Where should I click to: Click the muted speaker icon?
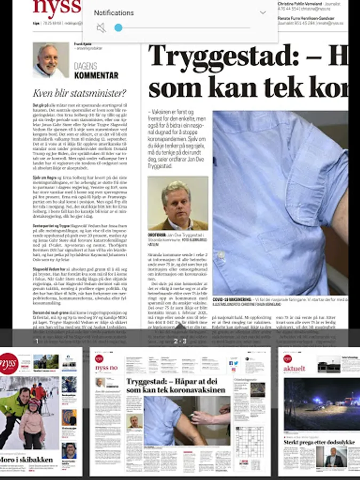(x=101, y=28)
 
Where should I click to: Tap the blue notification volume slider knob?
(x=118, y=28)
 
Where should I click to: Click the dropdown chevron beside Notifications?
(x=262, y=12)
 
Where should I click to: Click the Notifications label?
(x=114, y=12)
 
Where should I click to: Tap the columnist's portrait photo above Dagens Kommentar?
(x=51, y=60)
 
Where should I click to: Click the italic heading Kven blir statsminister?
(x=79, y=93)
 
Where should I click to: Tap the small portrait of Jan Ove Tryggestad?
(x=178, y=203)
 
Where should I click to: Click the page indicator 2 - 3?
(x=180, y=341)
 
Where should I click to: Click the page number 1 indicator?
(x=36, y=341)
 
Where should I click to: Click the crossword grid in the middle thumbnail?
(x=249, y=441)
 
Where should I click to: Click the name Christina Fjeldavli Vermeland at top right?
(x=299, y=4)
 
